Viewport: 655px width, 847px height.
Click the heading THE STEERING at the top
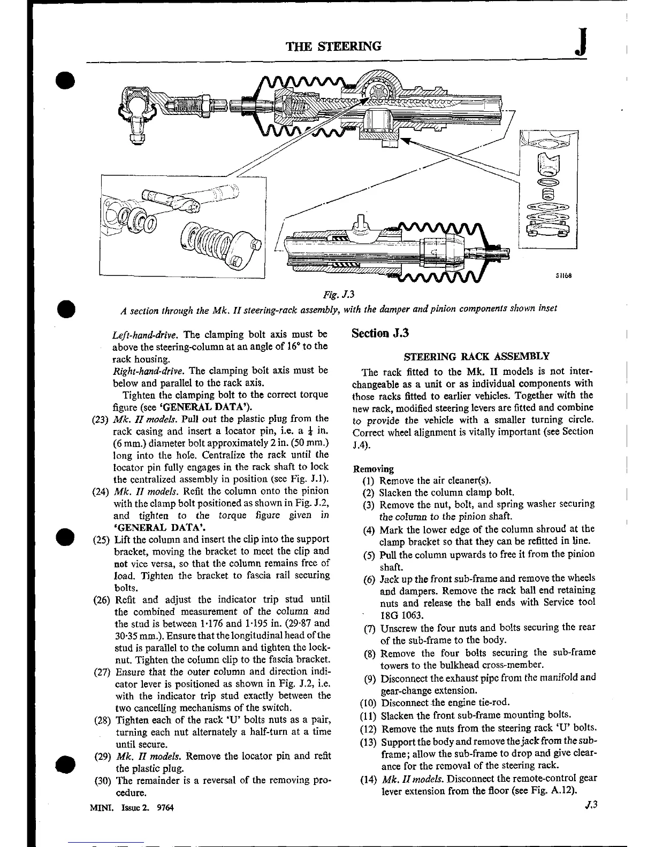tap(334, 46)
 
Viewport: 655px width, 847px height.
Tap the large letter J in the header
tap(581, 43)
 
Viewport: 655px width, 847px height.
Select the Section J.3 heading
tap(380, 333)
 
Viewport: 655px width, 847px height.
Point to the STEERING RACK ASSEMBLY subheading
tap(476, 356)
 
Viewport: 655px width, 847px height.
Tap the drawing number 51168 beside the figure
tap(564, 276)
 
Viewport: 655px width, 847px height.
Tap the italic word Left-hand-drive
tap(145, 335)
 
